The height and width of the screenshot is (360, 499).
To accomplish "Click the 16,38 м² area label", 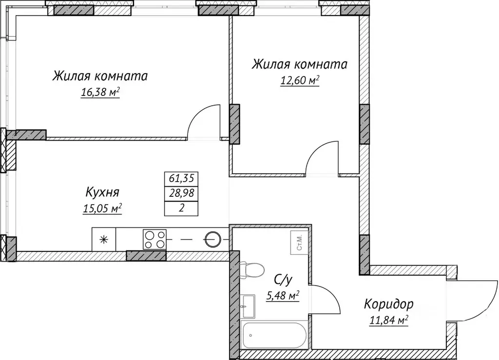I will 100,93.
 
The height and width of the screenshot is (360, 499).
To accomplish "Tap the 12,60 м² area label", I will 299,80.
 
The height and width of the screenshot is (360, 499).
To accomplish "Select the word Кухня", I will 102,191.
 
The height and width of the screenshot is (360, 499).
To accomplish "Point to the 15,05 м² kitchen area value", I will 102,208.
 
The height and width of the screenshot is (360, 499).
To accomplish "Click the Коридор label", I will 388,304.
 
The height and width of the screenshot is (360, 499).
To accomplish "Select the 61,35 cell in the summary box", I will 182,178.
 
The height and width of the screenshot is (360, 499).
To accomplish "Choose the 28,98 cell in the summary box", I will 182,193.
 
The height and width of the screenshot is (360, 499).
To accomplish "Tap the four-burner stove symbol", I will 154,239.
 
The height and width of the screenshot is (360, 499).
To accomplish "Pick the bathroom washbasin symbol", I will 248,304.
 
